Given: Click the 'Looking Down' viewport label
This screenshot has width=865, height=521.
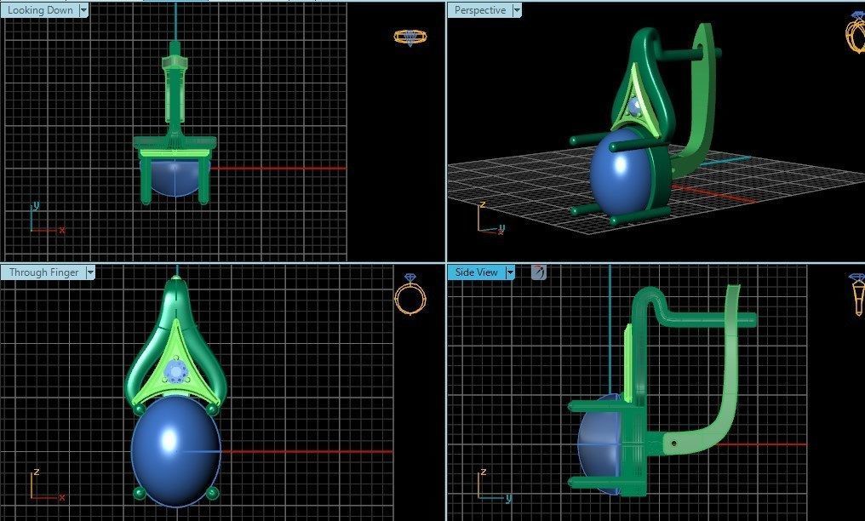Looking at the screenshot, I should [x=39, y=10].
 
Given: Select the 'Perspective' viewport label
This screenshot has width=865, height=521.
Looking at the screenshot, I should [x=479, y=10].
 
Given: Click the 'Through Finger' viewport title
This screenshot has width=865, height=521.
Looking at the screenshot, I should [x=43, y=272].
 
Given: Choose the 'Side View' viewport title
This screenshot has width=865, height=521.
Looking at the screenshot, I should [x=475, y=272].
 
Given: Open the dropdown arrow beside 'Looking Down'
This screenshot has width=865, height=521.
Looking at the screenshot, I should [x=83, y=10].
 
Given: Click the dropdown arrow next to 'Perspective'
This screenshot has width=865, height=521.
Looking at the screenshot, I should [x=515, y=10].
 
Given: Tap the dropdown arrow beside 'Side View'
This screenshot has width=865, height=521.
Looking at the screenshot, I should [x=510, y=272].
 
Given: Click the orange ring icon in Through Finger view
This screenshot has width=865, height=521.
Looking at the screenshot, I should [x=410, y=295].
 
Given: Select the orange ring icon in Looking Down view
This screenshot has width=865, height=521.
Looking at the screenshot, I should [x=410, y=37].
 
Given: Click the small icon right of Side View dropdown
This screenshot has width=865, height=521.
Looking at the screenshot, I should [x=538, y=272].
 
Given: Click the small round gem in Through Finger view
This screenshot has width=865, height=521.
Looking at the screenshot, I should [x=176, y=371].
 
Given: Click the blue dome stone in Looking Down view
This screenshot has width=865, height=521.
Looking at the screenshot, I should [x=175, y=179].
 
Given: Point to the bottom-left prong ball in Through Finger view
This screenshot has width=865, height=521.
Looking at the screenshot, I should [x=139, y=492].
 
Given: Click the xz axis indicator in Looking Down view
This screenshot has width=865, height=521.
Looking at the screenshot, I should [x=43, y=220].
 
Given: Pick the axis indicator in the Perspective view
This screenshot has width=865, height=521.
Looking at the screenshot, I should [x=490, y=220].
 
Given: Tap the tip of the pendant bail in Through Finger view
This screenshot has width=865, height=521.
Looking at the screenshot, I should [x=176, y=278].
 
